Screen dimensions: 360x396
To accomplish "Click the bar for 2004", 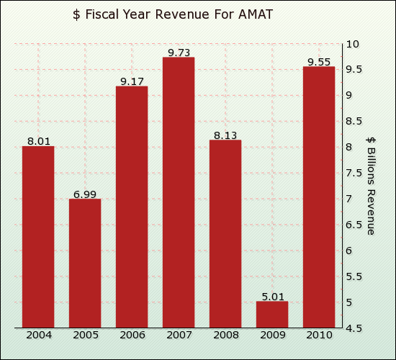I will tap(38, 237).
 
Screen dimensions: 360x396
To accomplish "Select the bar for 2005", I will tap(85, 263).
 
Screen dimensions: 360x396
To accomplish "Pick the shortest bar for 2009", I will tap(272, 315).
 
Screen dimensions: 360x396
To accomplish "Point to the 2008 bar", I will tap(225, 233).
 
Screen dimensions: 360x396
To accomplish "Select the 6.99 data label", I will tap(84, 194).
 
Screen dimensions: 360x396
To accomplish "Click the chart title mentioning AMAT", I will tap(173, 14).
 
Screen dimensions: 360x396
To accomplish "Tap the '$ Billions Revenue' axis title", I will tap(371, 185).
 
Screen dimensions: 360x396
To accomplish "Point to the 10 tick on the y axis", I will tap(352, 44).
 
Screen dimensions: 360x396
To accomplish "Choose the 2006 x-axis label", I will tap(132, 335).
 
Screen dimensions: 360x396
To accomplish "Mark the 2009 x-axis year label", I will tap(272, 335).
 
